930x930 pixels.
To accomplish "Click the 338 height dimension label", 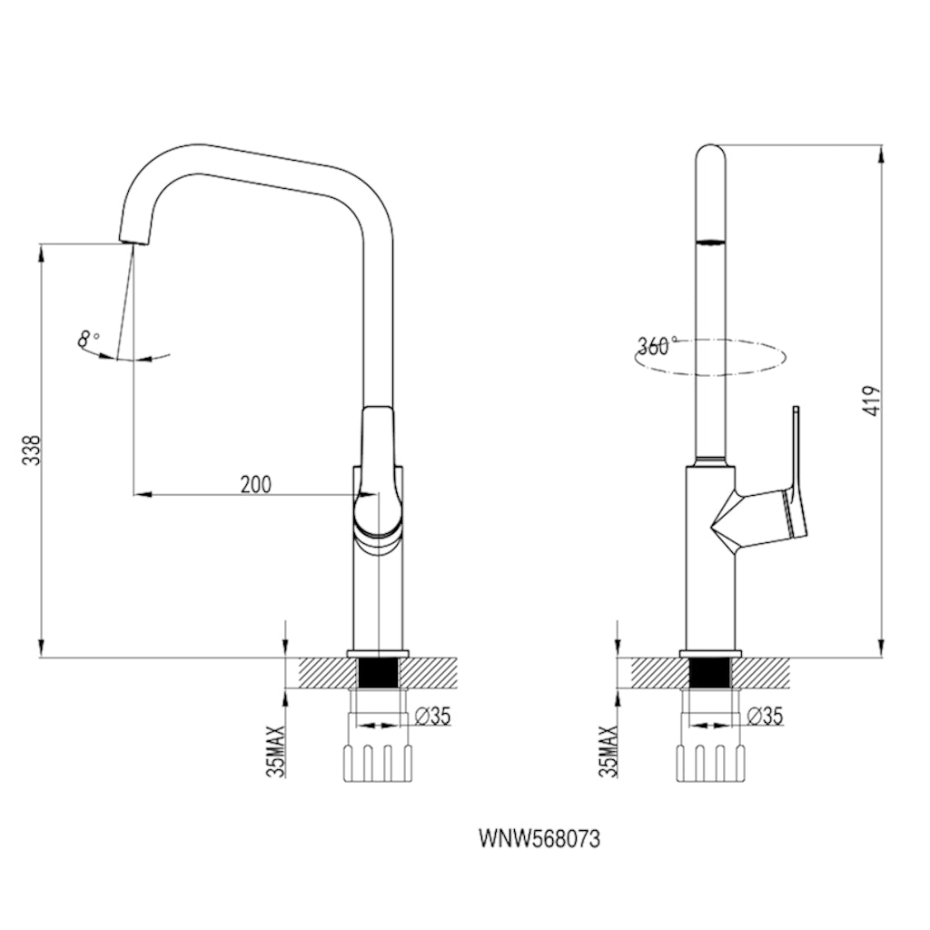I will (31, 451).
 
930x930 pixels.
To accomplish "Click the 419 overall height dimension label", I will (873, 401).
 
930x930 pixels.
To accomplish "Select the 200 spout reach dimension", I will (255, 484).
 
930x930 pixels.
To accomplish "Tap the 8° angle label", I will (88, 341).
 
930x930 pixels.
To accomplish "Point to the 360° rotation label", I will (657, 346).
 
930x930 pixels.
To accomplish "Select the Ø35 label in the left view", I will (432, 716).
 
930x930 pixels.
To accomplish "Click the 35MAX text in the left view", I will (278, 751).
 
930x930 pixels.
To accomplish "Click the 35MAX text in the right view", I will (609, 751).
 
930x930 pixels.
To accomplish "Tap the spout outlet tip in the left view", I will (133, 240).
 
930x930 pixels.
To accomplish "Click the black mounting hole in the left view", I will (378, 673).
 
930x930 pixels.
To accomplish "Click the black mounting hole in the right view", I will (710, 673).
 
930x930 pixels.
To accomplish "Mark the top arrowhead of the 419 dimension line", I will (882, 153).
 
